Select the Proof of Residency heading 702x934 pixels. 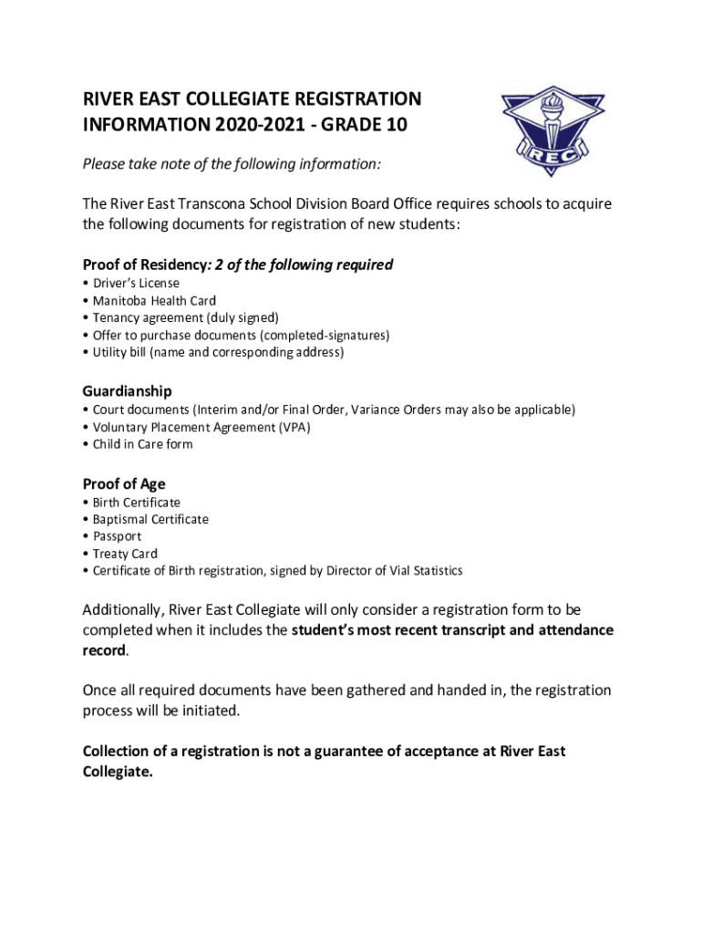(145, 265)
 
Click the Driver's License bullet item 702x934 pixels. (136, 283)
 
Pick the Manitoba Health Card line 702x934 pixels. (154, 300)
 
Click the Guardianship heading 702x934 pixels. (127, 391)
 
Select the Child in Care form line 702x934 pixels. (142, 444)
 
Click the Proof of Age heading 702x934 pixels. (124, 484)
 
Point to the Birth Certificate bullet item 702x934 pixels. (136, 502)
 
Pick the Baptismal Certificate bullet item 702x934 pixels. (150, 519)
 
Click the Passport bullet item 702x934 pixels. (117, 536)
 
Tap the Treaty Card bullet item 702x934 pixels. (125, 554)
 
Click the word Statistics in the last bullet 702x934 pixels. (434, 571)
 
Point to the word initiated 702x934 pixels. (213, 711)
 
